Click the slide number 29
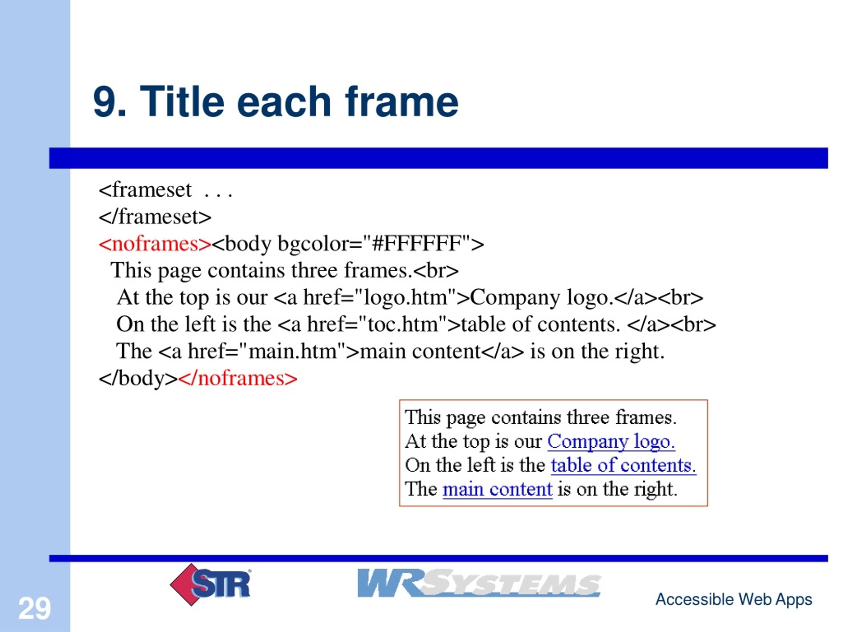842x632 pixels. click(35, 608)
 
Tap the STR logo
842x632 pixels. click(210, 584)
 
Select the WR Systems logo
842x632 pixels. click(479, 583)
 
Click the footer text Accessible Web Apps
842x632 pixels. click(733, 599)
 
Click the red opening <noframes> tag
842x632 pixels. click(155, 244)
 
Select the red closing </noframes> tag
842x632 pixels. click(237, 378)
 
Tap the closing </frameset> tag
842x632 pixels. click(155, 217)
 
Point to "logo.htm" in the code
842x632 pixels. click(406, 297)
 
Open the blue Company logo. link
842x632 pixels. click(611, 441)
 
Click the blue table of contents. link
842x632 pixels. click(624, 465)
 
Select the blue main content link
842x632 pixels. click(497, 489)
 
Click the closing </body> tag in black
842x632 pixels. click(138, 378)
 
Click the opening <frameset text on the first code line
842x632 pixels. click(145, 190)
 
